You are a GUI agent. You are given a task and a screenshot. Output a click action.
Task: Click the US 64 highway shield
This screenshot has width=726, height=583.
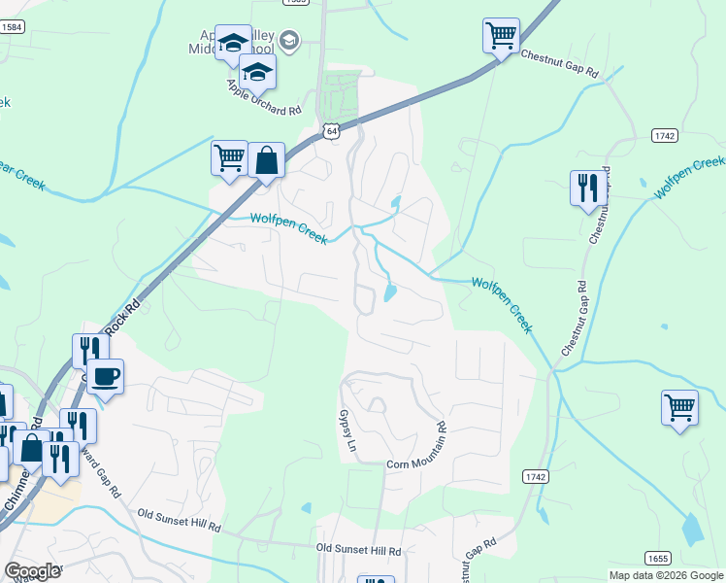(331, 132)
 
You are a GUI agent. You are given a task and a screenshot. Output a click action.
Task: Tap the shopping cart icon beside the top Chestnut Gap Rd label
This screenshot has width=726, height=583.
(501, 37)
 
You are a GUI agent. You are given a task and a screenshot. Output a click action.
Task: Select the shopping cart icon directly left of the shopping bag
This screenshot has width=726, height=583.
(229, 157)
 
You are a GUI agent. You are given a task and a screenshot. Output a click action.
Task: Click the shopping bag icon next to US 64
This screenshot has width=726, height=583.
(266, 160)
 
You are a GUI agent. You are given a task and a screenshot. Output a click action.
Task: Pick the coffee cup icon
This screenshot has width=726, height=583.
(106, 376)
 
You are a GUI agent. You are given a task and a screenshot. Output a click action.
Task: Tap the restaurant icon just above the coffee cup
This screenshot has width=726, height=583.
(84, 349)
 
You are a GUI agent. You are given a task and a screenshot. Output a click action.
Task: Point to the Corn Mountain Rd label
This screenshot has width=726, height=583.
(416, 446)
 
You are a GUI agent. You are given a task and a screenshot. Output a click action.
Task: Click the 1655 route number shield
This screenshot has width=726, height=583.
(658, 557)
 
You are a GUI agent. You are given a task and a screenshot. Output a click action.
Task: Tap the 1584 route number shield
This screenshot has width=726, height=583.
(12, 27)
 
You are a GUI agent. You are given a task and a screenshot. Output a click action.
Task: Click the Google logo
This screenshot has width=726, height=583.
(33, 571)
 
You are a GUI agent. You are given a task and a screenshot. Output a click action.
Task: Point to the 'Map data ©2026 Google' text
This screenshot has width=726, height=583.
(666, 575)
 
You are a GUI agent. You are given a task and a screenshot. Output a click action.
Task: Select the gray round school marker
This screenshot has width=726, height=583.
(288, 41)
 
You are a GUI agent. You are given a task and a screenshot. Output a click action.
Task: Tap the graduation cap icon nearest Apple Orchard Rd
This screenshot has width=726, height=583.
(257, 71)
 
